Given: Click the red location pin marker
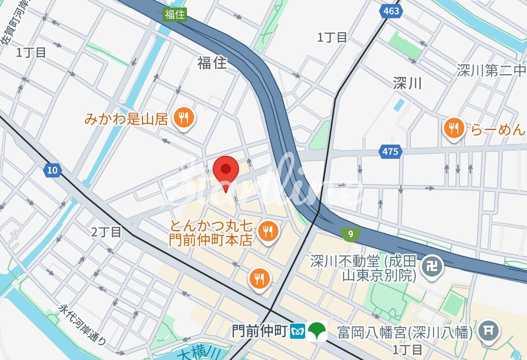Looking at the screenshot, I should [225, 171].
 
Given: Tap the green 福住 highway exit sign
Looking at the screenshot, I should [175, 15].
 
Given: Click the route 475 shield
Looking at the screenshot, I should [390, 151].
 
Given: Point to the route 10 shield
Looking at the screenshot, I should [52, 170].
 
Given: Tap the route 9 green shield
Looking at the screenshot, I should [350, 233].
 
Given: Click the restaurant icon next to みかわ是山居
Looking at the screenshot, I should [182, 119].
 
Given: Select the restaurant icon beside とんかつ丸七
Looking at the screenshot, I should [267, 232].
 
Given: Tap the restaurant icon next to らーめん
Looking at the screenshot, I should [454, 128].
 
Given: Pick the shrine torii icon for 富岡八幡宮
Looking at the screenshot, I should [488, 332].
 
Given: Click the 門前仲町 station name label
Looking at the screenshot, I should [260, 332].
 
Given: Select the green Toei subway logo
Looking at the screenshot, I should [317, 332].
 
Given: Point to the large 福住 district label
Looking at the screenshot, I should [212, 63].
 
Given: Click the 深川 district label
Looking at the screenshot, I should [407, 83].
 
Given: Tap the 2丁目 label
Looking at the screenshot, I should [107, 232].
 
